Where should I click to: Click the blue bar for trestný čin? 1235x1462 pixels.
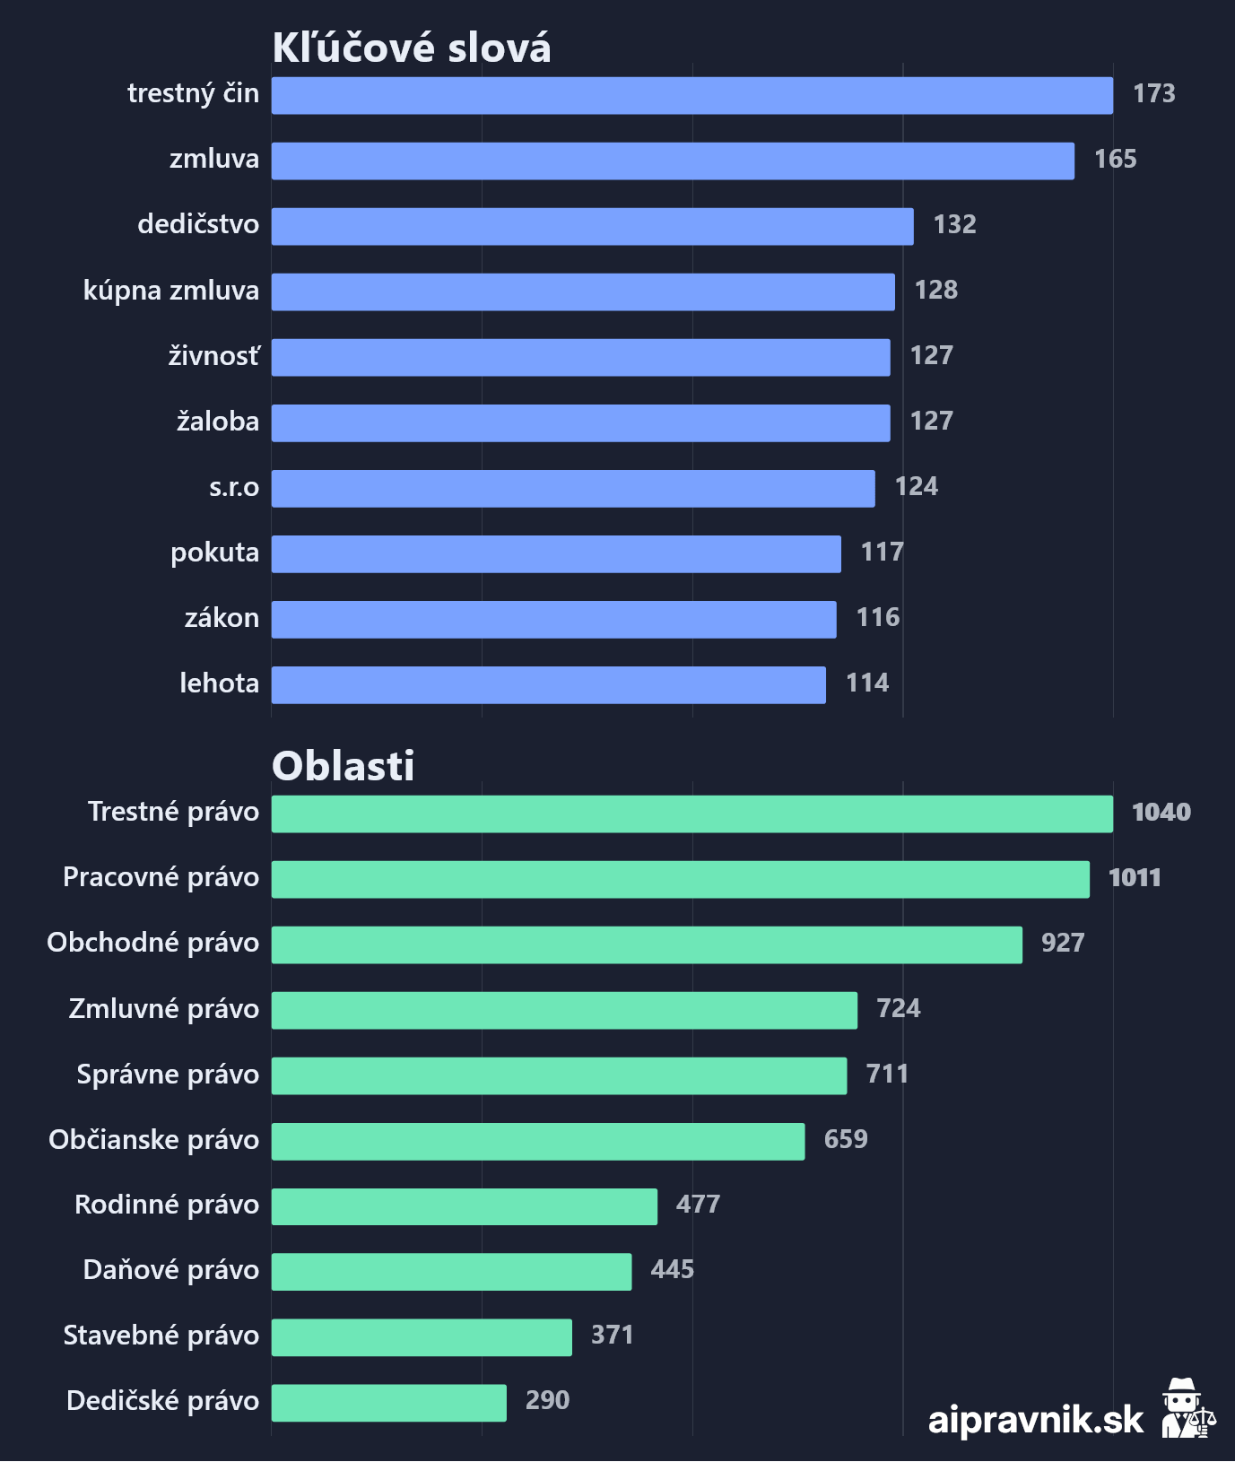coord(691,95)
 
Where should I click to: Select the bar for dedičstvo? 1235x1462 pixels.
coord(592,226)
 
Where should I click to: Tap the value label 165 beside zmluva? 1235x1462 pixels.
coord(1115,160)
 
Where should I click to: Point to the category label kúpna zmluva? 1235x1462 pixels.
coord(171,291)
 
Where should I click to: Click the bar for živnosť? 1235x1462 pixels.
coord(580,357)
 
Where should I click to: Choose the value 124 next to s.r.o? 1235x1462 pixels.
coord(916,487)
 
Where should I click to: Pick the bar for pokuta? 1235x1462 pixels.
coord(556,553)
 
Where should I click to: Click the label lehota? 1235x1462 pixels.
coord(219,683)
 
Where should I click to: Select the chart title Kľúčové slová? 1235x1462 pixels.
coord(412,48)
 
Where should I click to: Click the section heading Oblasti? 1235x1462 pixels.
coord(344,766)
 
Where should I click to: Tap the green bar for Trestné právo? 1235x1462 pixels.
coord(691,814)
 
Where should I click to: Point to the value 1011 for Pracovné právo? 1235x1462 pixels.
coord(1135,878)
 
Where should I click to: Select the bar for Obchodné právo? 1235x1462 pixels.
coord(647,944)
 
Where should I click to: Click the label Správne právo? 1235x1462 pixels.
coord(168,1075)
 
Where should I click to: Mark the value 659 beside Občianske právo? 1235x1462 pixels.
coord(846,1139)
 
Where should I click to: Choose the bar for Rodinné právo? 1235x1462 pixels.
coord(464,1206)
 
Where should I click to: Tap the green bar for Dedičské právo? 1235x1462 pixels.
coord(388,1403)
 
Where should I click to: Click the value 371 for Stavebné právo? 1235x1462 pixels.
coord(612,1336)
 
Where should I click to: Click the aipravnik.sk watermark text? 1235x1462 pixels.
coord(1036,1420)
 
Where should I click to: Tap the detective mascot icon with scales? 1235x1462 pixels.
coord(1187,1409)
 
